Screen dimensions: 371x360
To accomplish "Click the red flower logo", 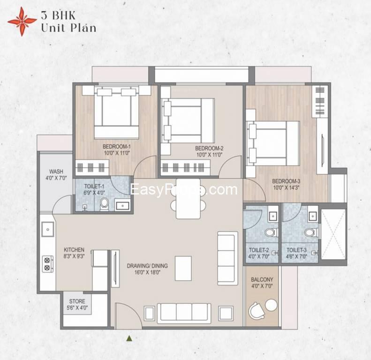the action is [22, 22].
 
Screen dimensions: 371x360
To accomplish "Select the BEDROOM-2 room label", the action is [209, 148].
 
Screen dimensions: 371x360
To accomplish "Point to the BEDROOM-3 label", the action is [286, 181].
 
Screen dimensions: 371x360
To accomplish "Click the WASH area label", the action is [56, 171].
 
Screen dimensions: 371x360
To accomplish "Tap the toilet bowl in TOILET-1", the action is [104, 204].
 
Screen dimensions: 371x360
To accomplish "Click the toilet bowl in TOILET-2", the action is [271, 232].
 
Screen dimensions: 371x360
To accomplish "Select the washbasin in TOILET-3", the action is [312, 216].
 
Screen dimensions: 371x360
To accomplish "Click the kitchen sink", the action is [47, 229].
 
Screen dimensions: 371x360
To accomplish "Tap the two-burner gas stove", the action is [47, 264].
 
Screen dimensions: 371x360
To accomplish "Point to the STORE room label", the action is [77, 301].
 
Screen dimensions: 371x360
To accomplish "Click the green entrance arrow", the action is [129, 338].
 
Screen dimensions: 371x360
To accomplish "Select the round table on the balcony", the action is [271, 305].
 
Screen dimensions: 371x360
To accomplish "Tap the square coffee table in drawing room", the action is [183, 268].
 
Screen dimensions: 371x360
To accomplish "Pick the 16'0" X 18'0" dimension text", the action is [147, 272].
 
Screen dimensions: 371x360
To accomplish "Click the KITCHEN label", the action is [74, 250].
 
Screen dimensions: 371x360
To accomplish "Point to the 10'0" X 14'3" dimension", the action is [286, 188].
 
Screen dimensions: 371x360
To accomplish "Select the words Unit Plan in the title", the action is [68, 28].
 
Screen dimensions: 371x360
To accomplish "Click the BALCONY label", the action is [262, 279].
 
